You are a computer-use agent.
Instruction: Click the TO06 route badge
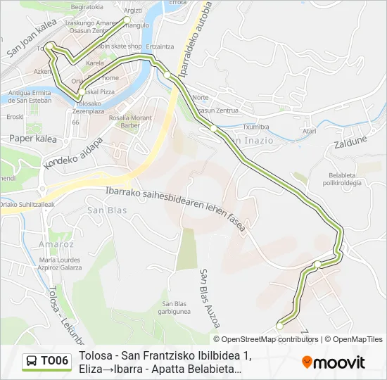pyautogui.click(x=47, y=362)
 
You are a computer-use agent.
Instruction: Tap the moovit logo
pyautogui.click(x=334, y=362)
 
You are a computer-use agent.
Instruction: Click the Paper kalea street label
pyautogui.click(x=32, y=139)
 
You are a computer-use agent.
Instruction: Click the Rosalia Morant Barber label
pyautogui.click(x=131, y=121)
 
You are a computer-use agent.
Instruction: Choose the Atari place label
pyautogui.click(x=309, y=131)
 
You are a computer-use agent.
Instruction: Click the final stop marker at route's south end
pyautogui.click(x=279, y=325)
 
